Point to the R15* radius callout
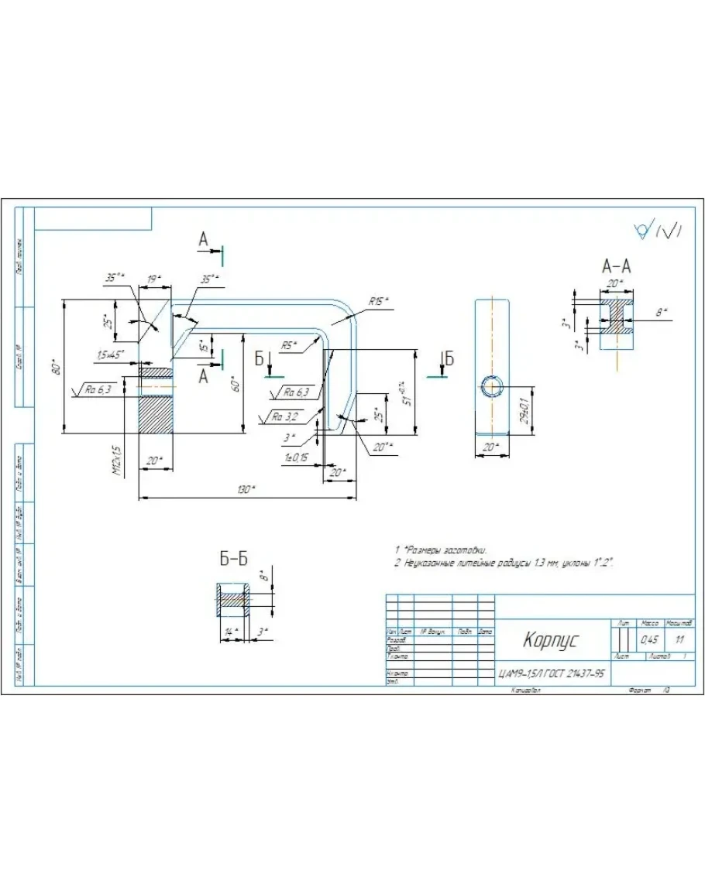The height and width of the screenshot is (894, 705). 379,300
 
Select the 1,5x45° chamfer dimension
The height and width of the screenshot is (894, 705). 112,355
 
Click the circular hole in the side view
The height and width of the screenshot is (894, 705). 492,386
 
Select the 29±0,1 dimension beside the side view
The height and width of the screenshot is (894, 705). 524,410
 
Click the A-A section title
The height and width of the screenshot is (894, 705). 616,267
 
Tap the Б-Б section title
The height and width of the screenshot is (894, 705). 233,558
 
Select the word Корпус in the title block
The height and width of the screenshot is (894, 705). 550,641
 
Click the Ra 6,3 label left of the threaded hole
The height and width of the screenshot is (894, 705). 99,389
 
